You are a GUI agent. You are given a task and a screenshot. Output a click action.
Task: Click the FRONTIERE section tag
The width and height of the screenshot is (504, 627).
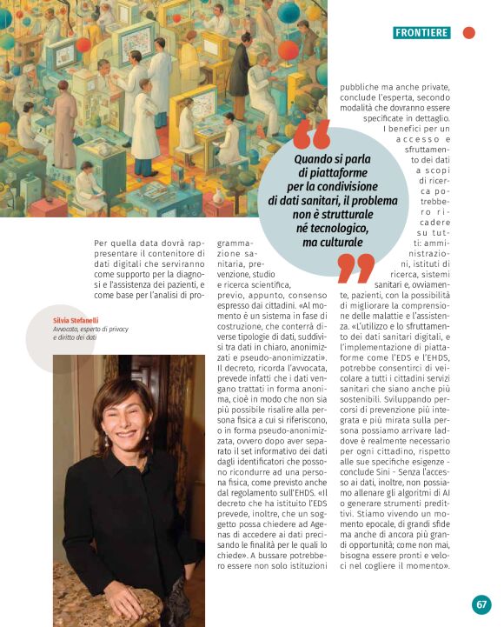pyautogui.click(x=421, y=33)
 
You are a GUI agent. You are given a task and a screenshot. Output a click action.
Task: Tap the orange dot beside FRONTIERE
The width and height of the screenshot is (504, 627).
pyautogui.click(x=468, y=33)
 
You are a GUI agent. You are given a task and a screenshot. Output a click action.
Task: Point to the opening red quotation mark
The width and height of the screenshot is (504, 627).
pyautogui.click(x=311, y=135)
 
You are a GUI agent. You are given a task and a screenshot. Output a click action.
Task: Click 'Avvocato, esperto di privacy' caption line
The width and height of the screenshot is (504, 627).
pyautogui.click(x=88, y=330)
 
